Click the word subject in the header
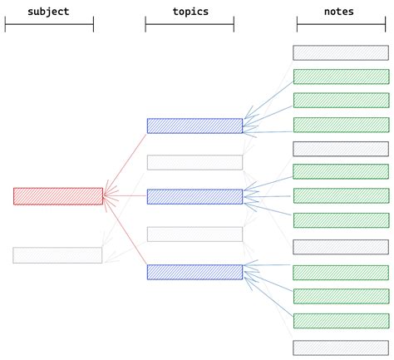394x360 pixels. click(x=48, y=12)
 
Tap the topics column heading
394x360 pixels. click(x=190, y=12)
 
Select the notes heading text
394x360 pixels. click(x=340, y=12)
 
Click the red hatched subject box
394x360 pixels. click(x=58, y=196)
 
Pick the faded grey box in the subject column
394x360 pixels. click(x=57, y=255)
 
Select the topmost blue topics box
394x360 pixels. click(x=195, y=126)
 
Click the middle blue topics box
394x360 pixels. click(x=195, y=196)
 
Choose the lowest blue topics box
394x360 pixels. click(x=195, y=272)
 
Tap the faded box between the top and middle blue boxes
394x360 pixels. click(x=195, y=162)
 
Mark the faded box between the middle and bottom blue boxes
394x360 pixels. click(x=195, y=234)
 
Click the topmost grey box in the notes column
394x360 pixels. click(x=341, y=52)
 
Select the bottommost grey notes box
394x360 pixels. click(x=341, y=348)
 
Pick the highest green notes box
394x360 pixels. click(x=341, y=76)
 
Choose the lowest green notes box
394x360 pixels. click(x=341, y=321)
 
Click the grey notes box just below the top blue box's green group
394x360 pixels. click(x=341, y=149)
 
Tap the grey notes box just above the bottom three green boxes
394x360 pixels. click(x=341, y=247)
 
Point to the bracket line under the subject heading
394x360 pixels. click(x=49, y=24)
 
